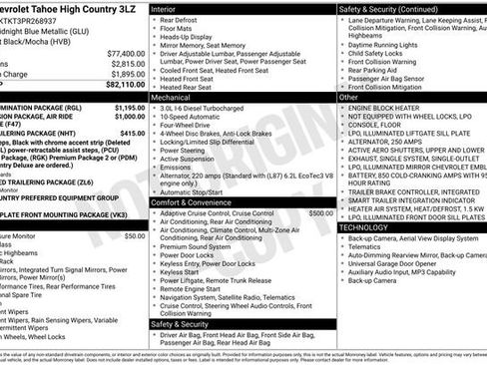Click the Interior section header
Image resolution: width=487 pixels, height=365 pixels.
point(170,7)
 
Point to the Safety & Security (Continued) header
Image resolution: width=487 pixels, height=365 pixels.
point(402,7)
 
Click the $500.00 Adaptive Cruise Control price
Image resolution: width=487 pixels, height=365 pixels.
point(321,213)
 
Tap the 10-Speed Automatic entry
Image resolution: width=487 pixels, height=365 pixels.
point(195,122)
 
